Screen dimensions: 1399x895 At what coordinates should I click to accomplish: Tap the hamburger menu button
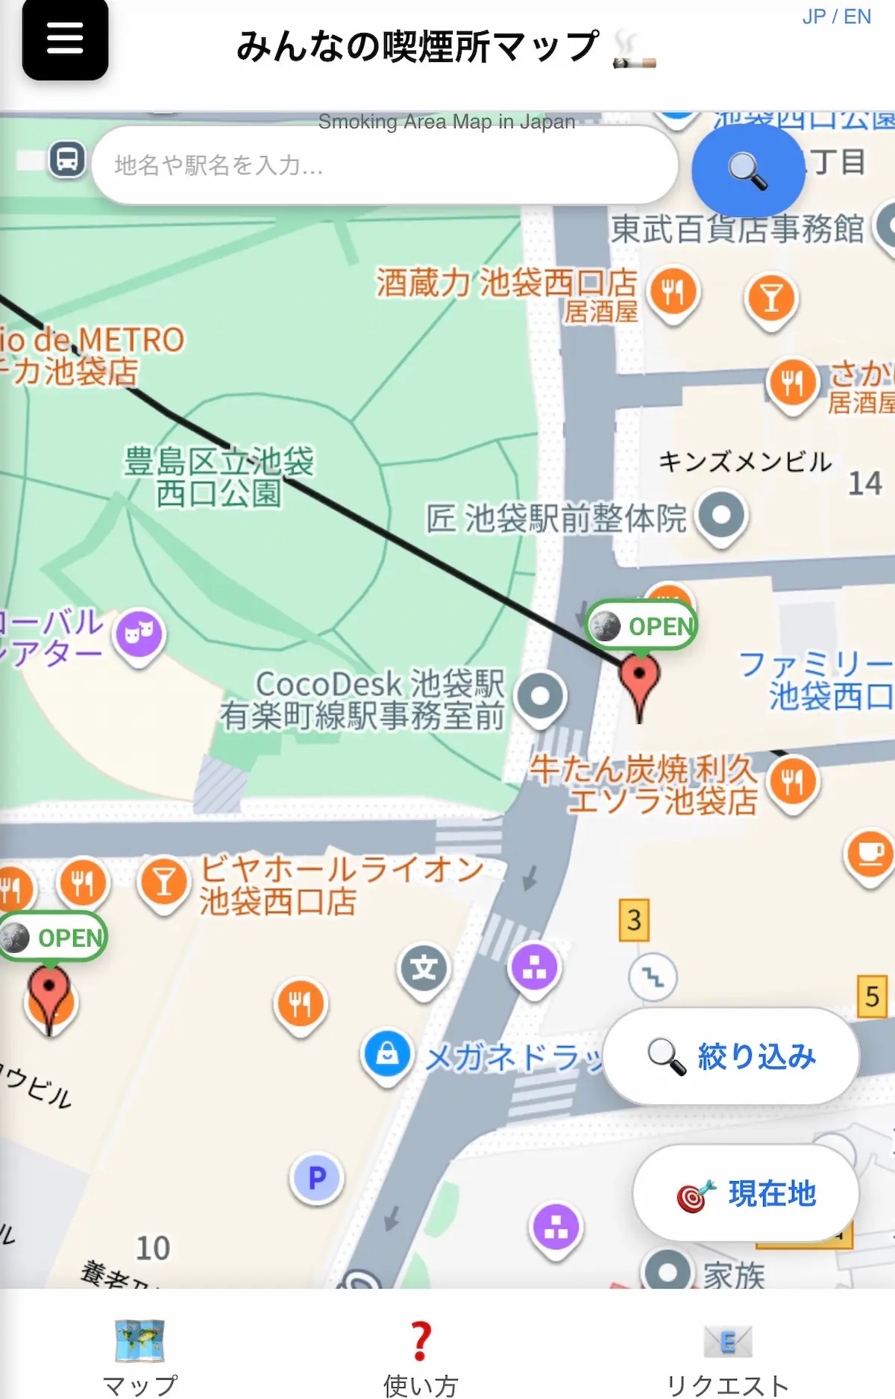(x=65, y=39)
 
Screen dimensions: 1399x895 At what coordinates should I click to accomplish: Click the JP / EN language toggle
(x=836, y=16)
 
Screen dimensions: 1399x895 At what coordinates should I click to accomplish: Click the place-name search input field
(x=384, y=165)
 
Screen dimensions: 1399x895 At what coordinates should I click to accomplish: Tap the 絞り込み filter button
(x=731, y=1056)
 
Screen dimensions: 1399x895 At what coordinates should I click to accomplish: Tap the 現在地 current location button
(x=746, y=1193)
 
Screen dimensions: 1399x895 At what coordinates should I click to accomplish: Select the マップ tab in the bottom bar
(x=139, y=1354)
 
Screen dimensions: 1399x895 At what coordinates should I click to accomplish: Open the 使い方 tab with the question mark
(x=421, y=1354)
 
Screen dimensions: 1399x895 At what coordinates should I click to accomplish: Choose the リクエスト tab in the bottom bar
(x=727, y=1354)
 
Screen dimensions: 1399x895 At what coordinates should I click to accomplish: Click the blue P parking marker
(x=317, y=1178)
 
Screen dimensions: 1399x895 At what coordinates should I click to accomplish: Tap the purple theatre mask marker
(x=139, y=633)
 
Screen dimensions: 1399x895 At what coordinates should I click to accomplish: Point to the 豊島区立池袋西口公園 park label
(x=219, y=478)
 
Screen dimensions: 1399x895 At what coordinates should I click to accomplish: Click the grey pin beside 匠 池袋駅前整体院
(x=720, y=514)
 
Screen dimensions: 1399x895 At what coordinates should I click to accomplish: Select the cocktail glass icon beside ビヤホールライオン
(x=164, y=881)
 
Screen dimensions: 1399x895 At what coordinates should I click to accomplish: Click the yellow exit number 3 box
(x=634, y=920)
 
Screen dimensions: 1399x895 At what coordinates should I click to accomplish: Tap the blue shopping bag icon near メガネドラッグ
(x=387, y=1054)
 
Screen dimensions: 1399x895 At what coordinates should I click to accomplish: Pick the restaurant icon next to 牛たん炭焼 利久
(x=793, y=781)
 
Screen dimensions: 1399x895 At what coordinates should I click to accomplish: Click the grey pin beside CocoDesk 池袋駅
(x=541, y=696)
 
